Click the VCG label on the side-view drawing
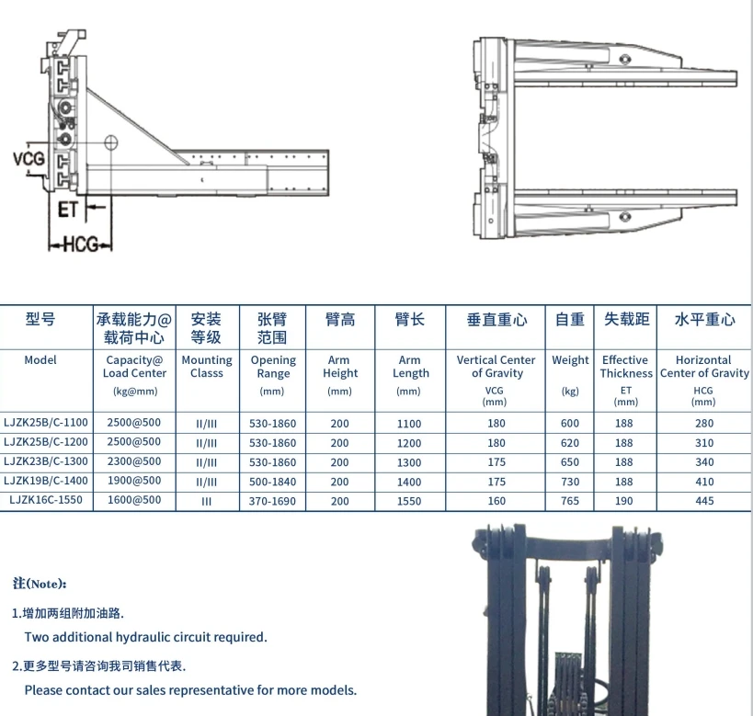point(29,159)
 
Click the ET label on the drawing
point(68,210)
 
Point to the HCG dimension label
point(80,245)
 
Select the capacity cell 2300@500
point(133,462)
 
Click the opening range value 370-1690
point(273,502)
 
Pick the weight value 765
point(570,502)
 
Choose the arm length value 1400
point(409,482)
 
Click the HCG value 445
point(703,502)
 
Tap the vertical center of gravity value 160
point(496,502)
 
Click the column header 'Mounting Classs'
point(207,367)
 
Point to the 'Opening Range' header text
point(273,367)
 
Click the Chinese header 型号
point(40,320)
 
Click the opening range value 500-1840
point(273,482)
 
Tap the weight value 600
point(570,424)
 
